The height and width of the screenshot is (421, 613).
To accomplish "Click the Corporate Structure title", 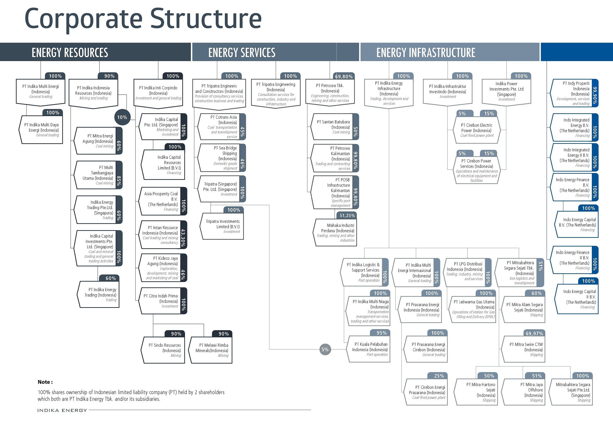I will [x=143, y=19].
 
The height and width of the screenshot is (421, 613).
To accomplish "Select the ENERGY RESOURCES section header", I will [x=70, y=52].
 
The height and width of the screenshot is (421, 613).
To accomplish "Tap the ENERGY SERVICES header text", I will [x=242, y=52].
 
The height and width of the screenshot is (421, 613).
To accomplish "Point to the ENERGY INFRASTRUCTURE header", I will [x=426, y=52].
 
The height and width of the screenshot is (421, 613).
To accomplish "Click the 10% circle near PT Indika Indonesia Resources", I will [x=122, y=117].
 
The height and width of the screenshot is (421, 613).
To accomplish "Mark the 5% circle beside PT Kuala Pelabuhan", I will [x=325, y=349].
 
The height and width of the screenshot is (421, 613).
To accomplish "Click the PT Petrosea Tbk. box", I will [x=330, y=93].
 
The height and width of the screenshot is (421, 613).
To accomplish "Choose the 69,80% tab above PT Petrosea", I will [x=344, y=76].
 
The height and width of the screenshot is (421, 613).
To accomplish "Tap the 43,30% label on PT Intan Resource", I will [x=183, y=235].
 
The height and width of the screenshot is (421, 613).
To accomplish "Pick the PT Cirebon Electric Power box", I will [x=476, y=130].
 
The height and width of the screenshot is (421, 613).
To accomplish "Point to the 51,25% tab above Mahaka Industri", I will [x=347, y=216].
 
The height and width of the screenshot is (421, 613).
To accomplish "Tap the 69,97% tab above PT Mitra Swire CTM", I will [x=534, y=333].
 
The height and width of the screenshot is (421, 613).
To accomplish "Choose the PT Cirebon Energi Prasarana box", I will [x=427, y=392].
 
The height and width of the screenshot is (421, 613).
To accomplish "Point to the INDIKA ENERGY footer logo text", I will [x=62, y=410].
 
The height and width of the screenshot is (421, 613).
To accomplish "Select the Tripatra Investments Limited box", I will [x=222, y=226].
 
